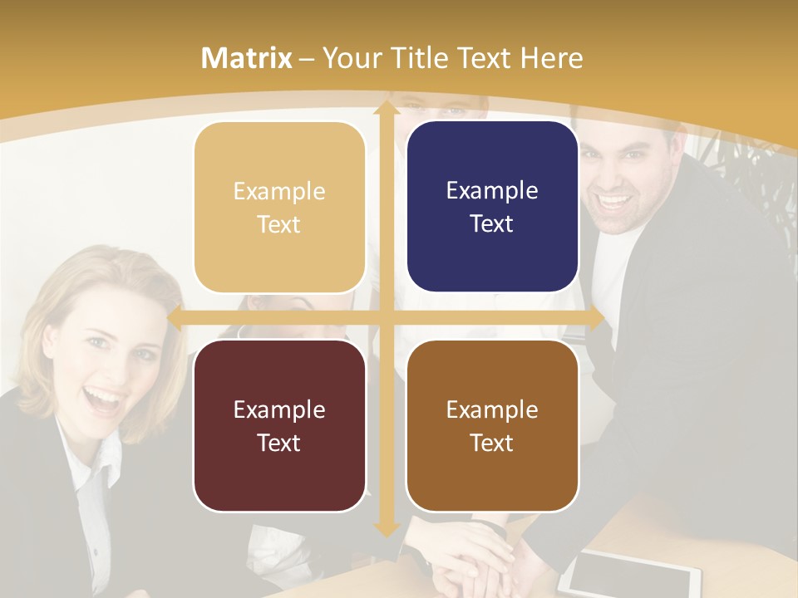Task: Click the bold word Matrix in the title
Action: [x=247, y=58]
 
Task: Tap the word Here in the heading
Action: [x=552, y=58]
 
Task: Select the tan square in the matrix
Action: [x=279, y=208]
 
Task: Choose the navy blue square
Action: [x=492, y=207]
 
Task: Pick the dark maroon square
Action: [x=279, y=425]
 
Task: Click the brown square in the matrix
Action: [x=492, y=425]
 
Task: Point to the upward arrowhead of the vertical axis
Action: [x=386, y=108]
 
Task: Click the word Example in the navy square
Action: [x=492, y=191]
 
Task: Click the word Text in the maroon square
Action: [x=279, y=443]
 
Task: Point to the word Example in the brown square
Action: [x=492, y=409]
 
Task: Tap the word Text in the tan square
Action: [x=279, y=225]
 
